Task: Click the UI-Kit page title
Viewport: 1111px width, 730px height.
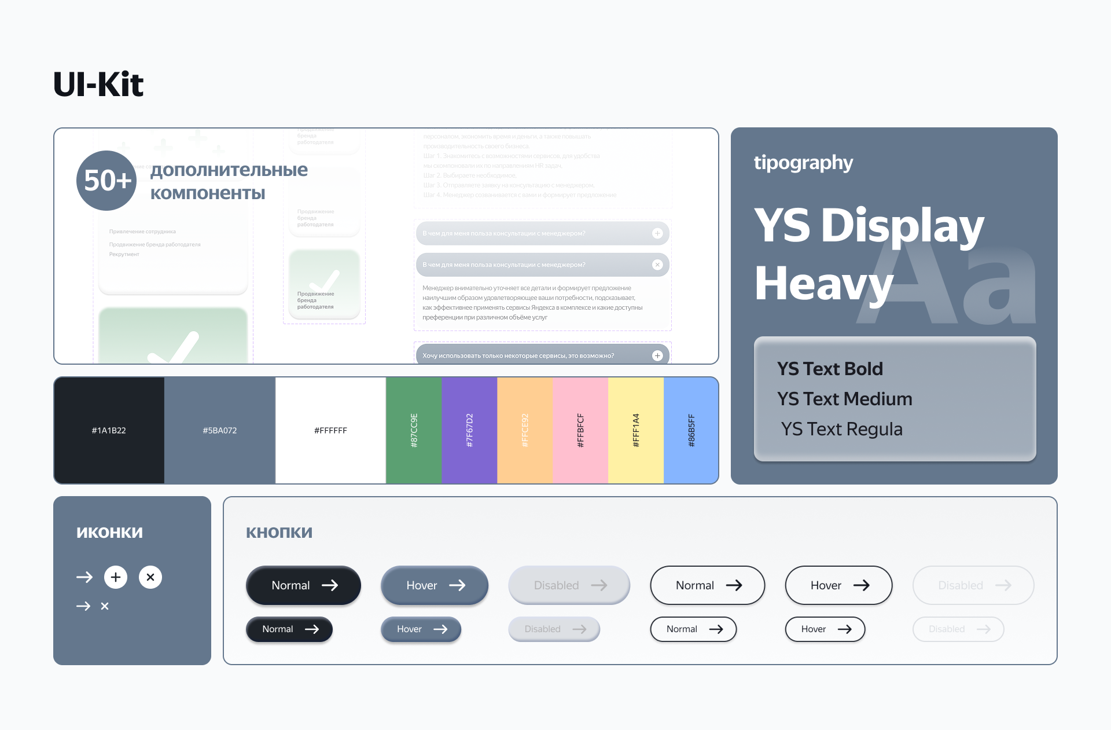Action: pos(98,85)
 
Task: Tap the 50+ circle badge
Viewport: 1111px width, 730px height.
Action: pos(106,181)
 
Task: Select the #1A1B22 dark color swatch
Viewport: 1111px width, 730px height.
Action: pos(109,430)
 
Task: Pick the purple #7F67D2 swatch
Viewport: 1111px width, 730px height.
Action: pos(469,430)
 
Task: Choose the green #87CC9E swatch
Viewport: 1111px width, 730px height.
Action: pos(414,430)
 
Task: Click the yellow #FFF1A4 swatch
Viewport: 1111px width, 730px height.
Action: pos(636,430)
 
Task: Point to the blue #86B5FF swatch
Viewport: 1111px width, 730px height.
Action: pos(691,430)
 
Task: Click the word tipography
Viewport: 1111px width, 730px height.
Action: pos(803,163)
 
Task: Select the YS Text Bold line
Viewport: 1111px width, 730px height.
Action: pos(830,369)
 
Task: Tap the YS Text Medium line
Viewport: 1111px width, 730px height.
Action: pos(844,399)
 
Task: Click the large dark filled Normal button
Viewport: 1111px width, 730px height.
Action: pos(303,585)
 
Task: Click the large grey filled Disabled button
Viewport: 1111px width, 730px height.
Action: pos(569,585)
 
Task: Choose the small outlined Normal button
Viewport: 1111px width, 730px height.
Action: pos(693,629)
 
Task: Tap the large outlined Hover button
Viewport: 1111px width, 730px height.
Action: pos(838,585)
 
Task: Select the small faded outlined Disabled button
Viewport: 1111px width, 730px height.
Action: pos(958,629)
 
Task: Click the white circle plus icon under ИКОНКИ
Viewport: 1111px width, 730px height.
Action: pos(116,577)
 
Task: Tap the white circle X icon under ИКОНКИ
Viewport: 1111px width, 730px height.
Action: pos(150,577)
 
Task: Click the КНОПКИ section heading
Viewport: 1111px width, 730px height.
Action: pos(279,533)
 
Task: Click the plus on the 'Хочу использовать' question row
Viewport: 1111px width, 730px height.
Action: pos(657,355)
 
